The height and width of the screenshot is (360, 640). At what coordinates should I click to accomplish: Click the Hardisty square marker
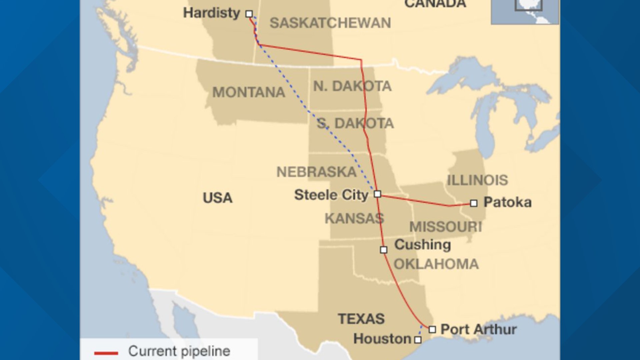(249, 14)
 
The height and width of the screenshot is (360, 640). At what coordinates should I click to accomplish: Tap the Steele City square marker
(377, 194)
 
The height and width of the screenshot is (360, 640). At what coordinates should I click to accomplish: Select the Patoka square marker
(474, 203)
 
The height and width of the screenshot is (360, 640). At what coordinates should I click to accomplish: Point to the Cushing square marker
(384, 250)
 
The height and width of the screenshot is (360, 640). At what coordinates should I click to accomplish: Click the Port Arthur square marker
(432, 329)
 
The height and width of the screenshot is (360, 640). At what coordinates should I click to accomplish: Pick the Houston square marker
(418, 340)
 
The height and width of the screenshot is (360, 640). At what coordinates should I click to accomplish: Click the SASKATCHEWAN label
(330, 23)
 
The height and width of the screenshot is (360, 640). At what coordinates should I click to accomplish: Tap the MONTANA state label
(249, 92)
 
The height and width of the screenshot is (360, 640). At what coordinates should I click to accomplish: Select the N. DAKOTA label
(352, 86)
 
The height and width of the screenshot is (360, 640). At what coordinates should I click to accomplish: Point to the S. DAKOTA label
(355, 123)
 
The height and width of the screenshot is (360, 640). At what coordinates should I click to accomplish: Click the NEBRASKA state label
(317, 172)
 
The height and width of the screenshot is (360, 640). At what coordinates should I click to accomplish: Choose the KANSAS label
(354, 219)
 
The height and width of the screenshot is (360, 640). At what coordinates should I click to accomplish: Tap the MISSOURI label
(446, 227)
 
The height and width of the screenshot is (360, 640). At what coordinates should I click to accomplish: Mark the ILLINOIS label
(477, 180)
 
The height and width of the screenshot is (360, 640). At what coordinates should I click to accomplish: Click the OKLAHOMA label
(436, 264)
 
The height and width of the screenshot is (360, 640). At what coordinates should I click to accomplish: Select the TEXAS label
(361, 319)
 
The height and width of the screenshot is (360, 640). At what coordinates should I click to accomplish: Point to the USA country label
(218, 198)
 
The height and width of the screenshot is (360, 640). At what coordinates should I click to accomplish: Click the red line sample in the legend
(106, 353)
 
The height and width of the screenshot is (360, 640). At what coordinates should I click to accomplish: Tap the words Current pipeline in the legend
(179, 351)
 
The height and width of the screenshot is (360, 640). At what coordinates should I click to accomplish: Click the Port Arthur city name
(479, 329)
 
